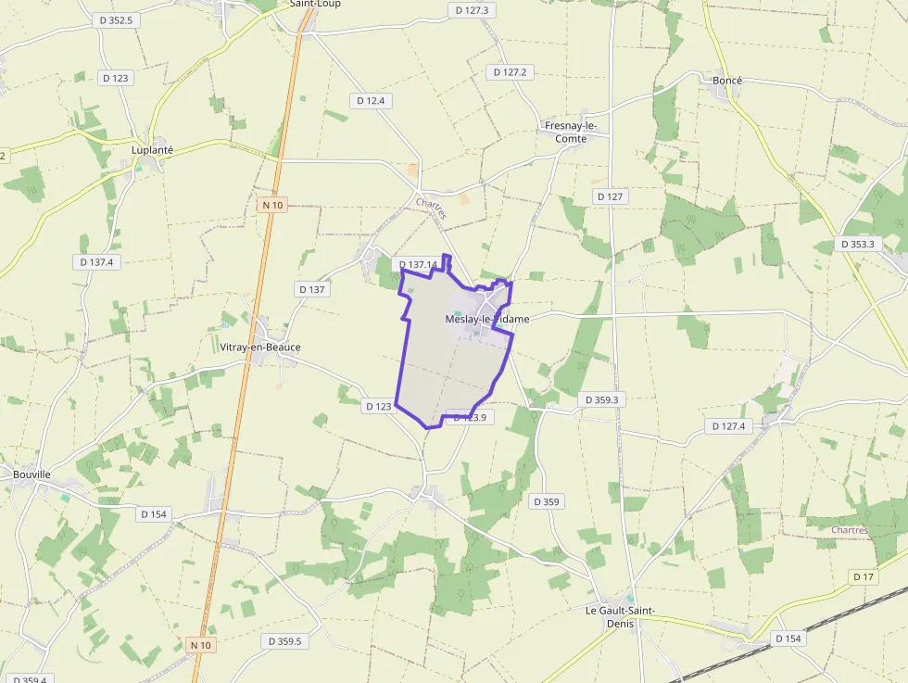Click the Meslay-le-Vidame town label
tap(487, 319)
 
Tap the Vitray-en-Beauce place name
tap(260, 348)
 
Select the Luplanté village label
tap(153, 149)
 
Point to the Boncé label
tap(727, 81)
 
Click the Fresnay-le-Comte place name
tap(571, 132)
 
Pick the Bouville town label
tap(32, 474)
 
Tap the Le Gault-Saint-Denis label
tap(621, 616)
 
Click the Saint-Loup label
tap(315, 4)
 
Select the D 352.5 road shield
tap(115, 19)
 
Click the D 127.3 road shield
tap(473, 10)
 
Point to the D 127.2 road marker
tap(510, 71)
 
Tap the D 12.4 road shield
tap(371, 100)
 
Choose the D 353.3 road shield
tap(859, 244)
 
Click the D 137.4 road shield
tap(96, 262)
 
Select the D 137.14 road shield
tap(418, 265)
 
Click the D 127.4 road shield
tap(730, 426)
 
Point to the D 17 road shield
tap(864, 576)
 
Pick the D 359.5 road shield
tap(284, 641)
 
